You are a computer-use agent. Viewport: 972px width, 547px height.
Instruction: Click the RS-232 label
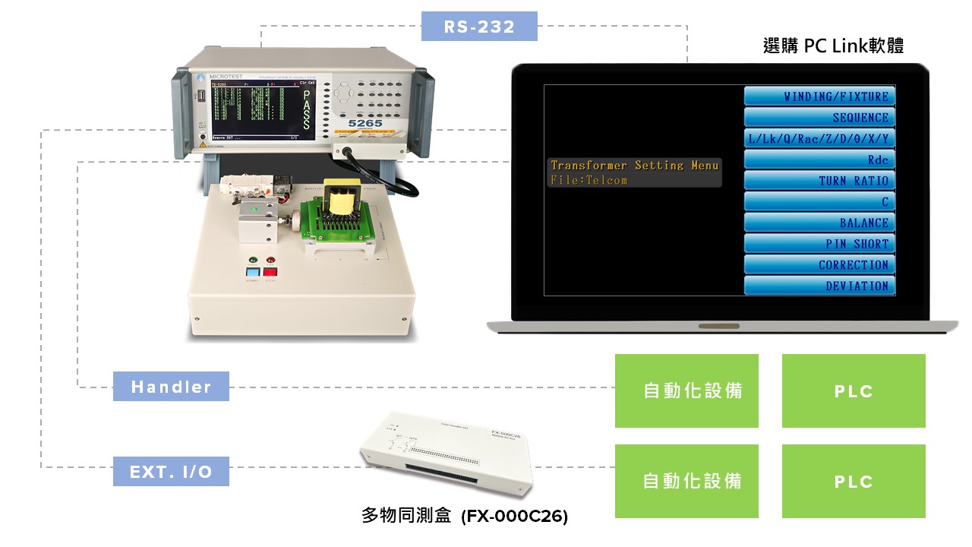pos(479,27)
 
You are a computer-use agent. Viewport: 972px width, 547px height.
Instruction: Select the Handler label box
pos(171,387)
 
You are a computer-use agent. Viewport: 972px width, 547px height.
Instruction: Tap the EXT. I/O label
pos(171,471)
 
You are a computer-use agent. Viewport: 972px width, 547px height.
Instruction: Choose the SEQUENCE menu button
pos(819,118)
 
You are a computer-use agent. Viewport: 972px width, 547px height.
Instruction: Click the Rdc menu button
pos(819,160)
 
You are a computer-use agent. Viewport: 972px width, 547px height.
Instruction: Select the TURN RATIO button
pos(819,181)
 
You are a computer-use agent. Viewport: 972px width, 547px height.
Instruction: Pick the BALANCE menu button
pos(819,223)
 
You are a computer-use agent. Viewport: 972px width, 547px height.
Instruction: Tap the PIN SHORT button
pos(819,244)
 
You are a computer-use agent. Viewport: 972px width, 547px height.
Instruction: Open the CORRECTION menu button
pos(819,265)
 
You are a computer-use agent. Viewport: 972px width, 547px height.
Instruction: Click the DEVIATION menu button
pos(819,286)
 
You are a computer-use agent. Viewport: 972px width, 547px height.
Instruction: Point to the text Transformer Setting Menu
pos(634,166)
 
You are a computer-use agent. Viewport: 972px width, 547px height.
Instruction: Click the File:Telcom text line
pos(589,181)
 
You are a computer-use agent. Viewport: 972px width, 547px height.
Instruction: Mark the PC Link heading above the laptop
pos(833,46)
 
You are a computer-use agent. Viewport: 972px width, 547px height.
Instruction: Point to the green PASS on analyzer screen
pos(305,110)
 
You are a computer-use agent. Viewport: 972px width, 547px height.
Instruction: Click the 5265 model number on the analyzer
pos(365,123)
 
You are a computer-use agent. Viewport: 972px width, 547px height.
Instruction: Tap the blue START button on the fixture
pos(252,271)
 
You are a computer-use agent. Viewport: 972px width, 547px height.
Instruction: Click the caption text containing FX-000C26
pos(464,517)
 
